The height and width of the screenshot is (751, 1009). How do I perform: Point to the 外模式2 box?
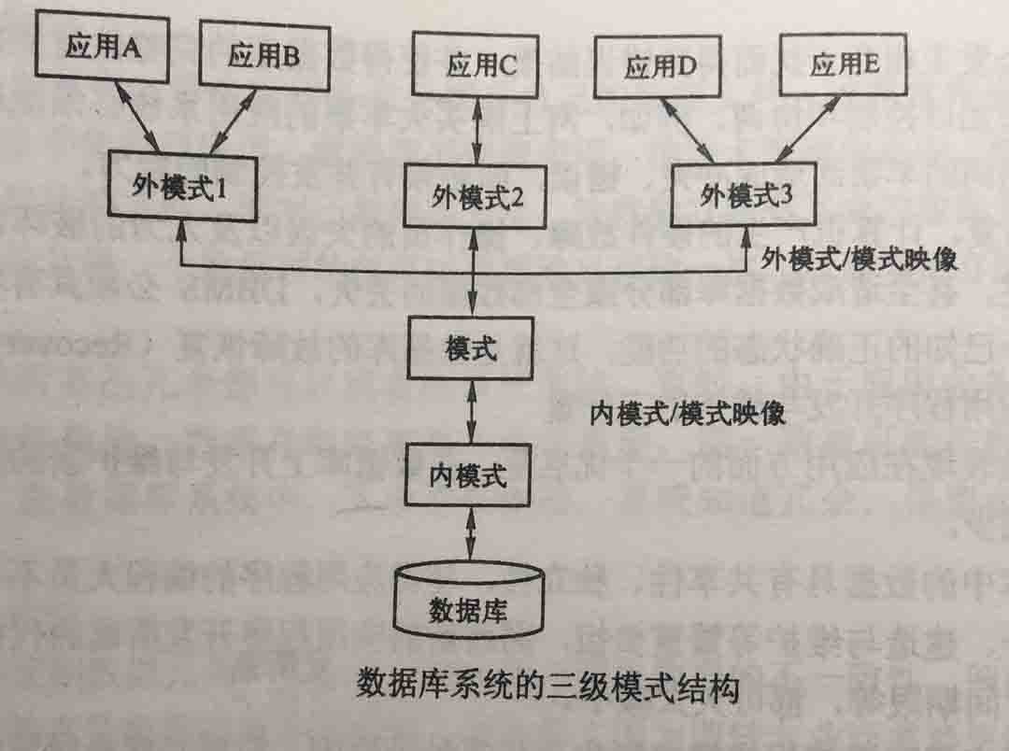pyautogui.click(x=475, y=195)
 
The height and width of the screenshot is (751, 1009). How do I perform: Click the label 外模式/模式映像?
pyautogui.click(x=859, y=259)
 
